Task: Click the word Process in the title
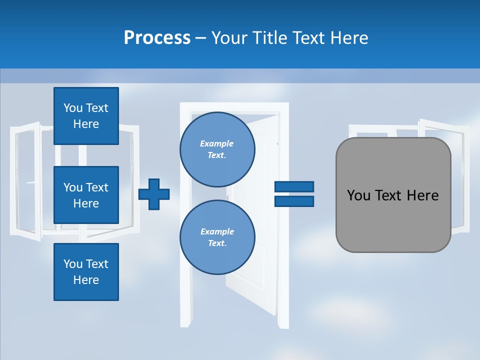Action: pyautogui.click(x=157, y=38)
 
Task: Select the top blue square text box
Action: pyautogui.click(x=86, y=116)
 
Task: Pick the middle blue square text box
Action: pyautogui.click(x=86, y=195)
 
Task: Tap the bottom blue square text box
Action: pyautogui.click(x=86, y=272)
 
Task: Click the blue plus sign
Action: pyautogui.click(x=153, y=194)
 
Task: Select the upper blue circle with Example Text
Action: pyautogui.click(x=217, y=149)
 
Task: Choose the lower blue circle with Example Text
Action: pyautogui.click(x=217, y=237)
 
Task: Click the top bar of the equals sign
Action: pyautogui.click(x=294, y=186)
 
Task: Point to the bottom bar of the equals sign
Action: pyautogui.click(x=294, y=201)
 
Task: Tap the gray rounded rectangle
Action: pyautogui.click(x=393, y=220)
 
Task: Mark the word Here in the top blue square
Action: pyautogui.click(x=86, y=124)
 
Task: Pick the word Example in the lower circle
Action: pyautogui.click(x=217, y=231)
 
